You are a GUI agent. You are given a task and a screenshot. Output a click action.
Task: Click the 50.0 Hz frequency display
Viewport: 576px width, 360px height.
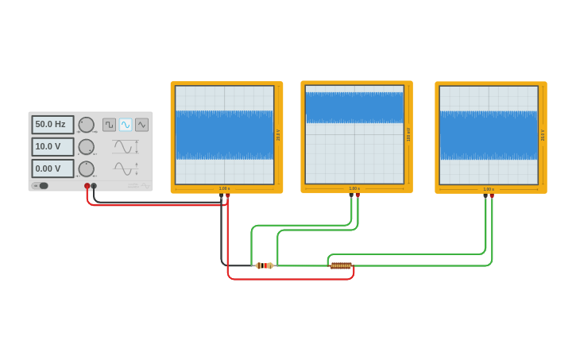52,125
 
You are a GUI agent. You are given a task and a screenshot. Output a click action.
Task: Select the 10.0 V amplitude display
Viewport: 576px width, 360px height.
52,147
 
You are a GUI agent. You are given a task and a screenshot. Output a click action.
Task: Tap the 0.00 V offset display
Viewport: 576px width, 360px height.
52,168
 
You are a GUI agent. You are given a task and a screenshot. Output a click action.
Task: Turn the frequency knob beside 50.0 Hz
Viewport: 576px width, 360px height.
86,125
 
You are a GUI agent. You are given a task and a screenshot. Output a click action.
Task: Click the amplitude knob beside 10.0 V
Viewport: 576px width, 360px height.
86,147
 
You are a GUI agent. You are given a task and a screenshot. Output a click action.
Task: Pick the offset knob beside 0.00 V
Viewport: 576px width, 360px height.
86,168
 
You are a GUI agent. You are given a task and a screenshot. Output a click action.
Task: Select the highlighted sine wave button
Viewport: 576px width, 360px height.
126,125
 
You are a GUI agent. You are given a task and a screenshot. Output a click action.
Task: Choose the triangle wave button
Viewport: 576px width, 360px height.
141,125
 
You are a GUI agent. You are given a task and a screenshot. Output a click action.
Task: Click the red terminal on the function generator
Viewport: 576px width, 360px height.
87,186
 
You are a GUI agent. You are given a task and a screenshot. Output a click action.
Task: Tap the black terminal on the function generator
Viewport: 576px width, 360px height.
94,186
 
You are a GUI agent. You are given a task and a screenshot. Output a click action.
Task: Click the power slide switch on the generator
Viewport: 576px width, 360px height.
41,186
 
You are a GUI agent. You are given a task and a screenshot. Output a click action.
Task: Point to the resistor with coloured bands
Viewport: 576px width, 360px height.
265,265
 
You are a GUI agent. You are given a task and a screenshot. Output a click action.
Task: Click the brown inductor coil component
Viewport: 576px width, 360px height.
341,265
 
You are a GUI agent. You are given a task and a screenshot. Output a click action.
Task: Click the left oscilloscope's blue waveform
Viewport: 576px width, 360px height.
224,135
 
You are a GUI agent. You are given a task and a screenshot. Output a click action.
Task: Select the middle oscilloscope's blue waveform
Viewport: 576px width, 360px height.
354,107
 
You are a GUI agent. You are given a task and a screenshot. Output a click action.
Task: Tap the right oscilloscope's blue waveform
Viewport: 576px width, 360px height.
489,135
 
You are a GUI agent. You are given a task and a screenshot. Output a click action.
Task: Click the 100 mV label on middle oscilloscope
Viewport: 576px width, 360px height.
408,134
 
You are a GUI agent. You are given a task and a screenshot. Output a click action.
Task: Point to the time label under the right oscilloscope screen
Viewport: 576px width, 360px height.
489,189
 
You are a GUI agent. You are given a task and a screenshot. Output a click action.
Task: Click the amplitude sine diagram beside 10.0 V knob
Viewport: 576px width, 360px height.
125,147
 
